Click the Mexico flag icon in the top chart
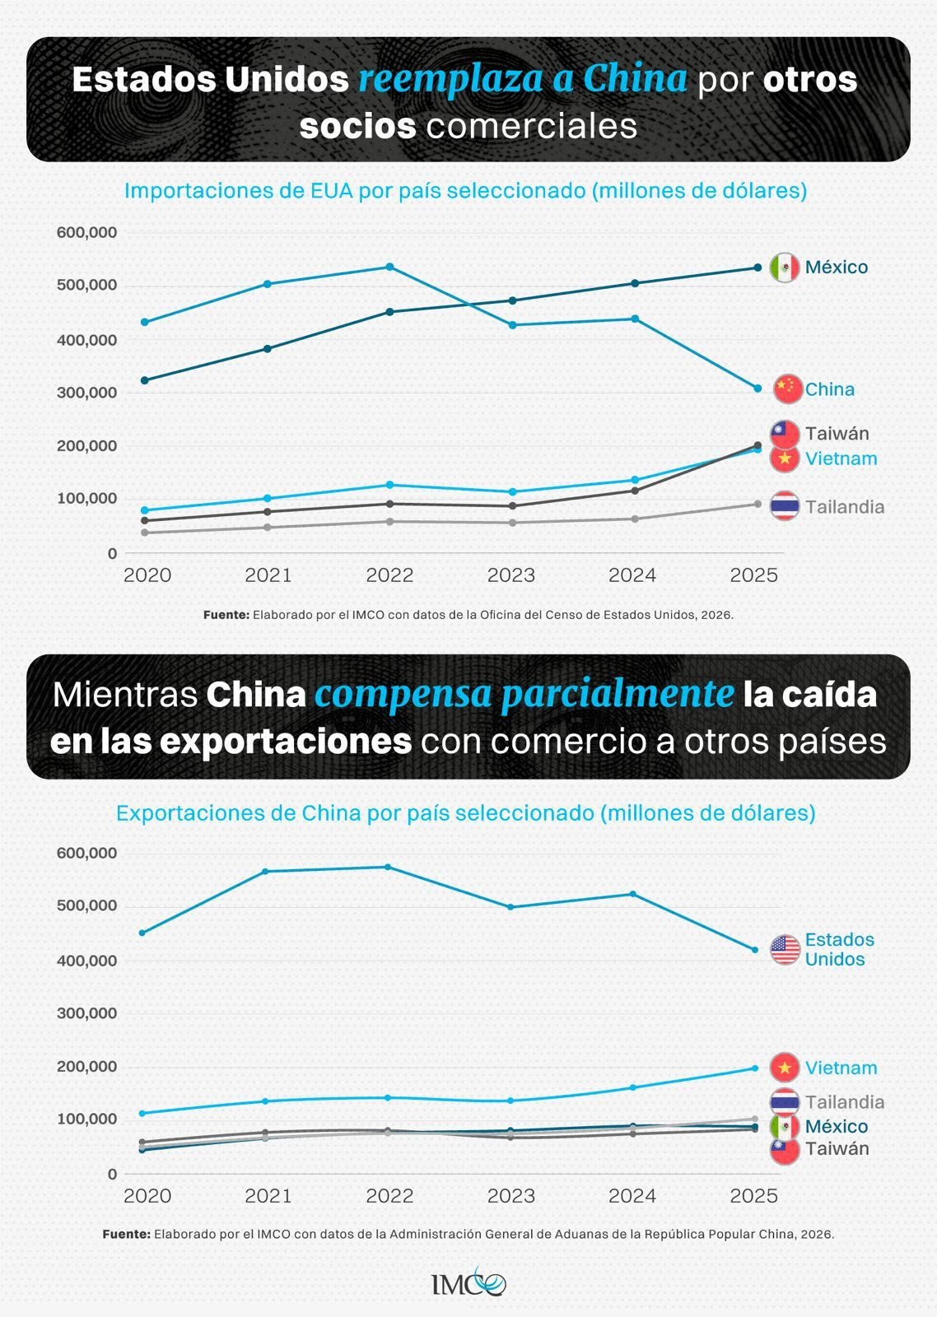[x=784, y=268]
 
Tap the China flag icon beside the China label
[x=788, y=389]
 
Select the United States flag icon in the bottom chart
[x=785, y=950]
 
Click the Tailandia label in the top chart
[x=844, y=507]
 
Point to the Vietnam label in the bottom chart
[x=841, y=1068]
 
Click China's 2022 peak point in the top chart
[x=389, y=267]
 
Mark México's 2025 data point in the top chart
[x=758, y=268]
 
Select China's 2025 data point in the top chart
[x=758, y=389]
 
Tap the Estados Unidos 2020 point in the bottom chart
[x=142, y=933]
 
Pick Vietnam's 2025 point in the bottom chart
[x=754, y=1068]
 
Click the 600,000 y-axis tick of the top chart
[x=86, y=233]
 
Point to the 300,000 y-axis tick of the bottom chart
[x=86, y=1013]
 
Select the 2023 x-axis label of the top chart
[x=510, y=575]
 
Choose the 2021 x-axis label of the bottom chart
[x=268, y=1196]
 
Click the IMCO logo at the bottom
[x=468, y=1283]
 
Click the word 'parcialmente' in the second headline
[x=618, y=695]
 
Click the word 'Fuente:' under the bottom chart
[x=126, y=1235]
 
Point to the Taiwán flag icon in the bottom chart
[x=785, y=1150]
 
